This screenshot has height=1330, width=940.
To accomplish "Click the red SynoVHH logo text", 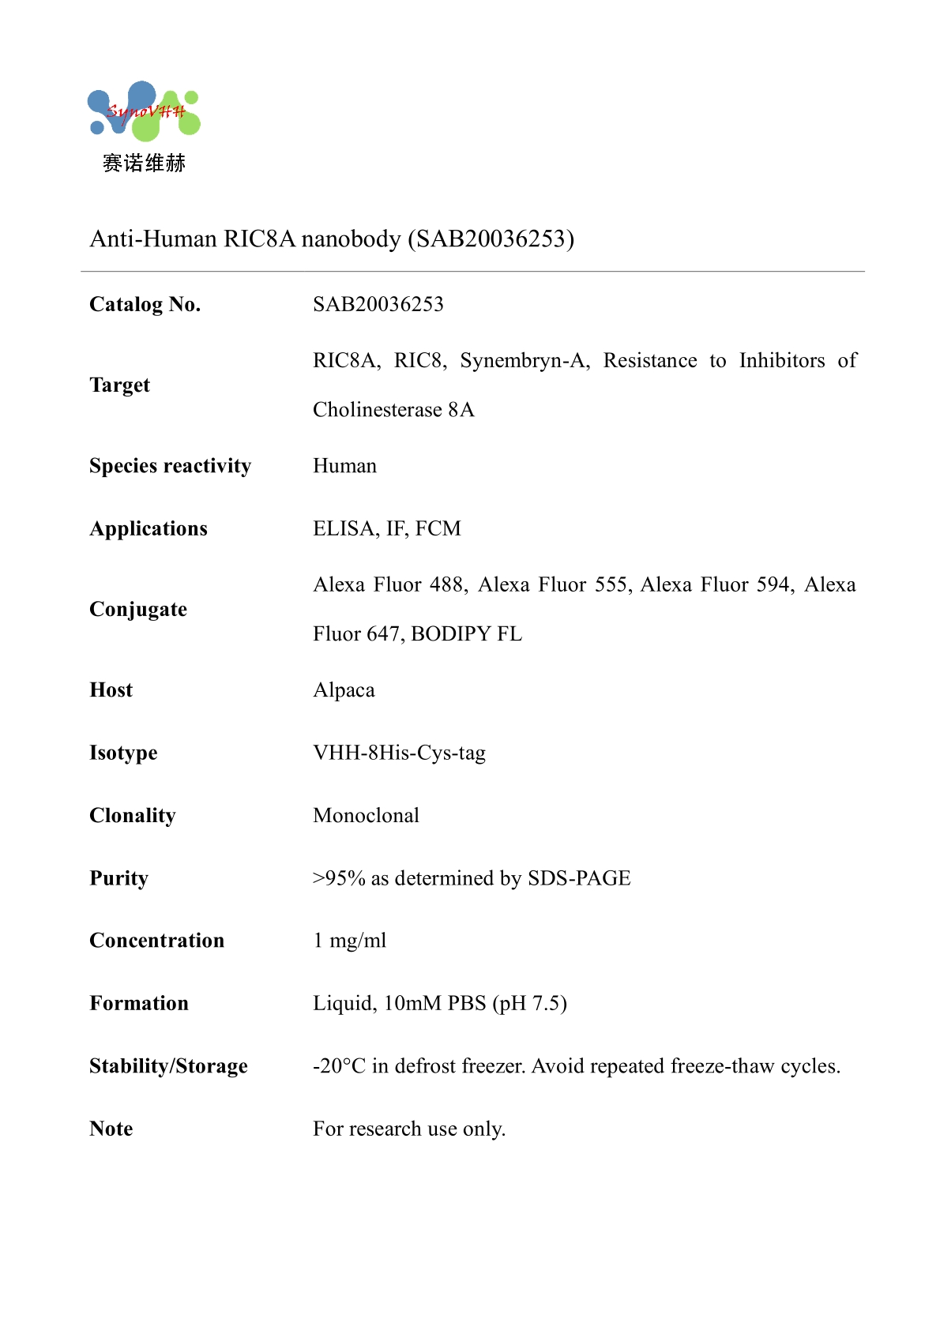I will click(x=145, y=111).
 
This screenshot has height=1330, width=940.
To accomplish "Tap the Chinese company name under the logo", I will click(x=144, y=163).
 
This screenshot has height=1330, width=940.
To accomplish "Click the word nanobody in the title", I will click(x=351, y=239).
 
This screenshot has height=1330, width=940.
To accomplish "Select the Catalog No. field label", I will click(x=145, y=304).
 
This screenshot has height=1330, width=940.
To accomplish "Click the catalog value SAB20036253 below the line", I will click(x=378, y=304).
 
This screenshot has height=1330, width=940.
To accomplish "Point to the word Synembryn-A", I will click(x=525, y=360).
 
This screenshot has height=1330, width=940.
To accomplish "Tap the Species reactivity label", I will click(x=170, y=466).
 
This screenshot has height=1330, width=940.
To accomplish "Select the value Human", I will click(x=344, y=466).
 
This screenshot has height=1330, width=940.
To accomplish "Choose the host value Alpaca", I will click(x=344, y=690).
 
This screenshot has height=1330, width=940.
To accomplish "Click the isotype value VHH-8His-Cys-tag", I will click(x=399, y=753).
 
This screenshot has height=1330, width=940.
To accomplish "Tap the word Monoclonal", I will click(x=366, y=815).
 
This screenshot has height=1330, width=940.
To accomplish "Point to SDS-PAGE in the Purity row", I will click(x=579, y=878).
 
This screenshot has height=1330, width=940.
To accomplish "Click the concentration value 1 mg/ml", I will click(x=349, y=941).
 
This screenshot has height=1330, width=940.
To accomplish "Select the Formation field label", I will click(x=139, y=1003).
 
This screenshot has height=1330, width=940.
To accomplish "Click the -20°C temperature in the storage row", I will click(x=339, y=1066).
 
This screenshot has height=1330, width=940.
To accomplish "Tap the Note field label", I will click(x=111, y=1129).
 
